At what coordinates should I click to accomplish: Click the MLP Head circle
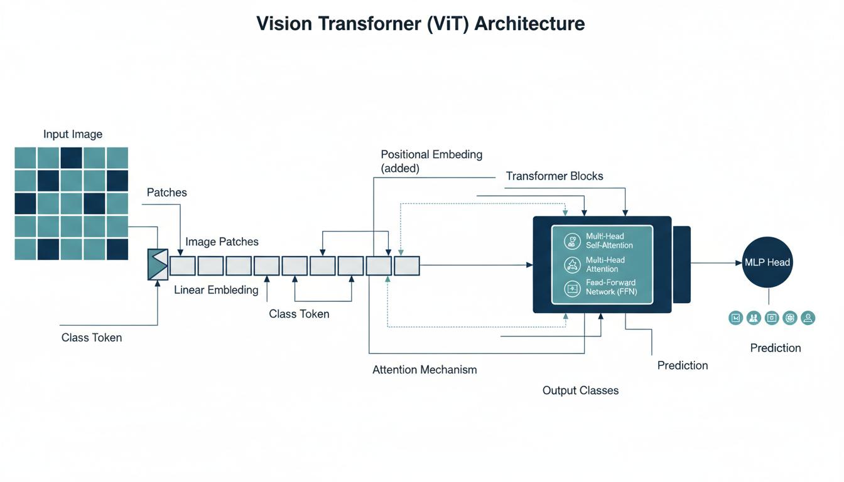coord(767,262)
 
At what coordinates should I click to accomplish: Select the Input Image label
coord(73,134)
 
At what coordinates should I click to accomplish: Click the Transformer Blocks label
coord(555,176)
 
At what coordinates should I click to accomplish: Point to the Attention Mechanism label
coord(425,370)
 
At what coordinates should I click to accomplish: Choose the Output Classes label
coord(580,390)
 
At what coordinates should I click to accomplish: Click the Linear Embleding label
coord(216,290)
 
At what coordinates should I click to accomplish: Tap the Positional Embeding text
coord(431,154)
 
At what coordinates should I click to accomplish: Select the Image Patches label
coord(222,242)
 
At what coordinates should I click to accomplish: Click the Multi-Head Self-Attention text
coord(609,240)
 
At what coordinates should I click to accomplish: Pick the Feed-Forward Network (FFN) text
coord(611,287)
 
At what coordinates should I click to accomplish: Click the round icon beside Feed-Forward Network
coord(572,288)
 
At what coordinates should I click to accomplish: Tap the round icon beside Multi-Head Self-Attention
coord(572,241)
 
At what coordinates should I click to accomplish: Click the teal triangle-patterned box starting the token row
coord(158,264)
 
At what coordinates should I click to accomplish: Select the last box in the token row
coord(407,265)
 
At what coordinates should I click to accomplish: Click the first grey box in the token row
coord(183,265)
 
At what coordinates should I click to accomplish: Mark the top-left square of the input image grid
coord(26,158)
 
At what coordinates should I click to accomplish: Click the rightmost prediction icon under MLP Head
coord(808,318)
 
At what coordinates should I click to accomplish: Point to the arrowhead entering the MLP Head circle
coord(738,263)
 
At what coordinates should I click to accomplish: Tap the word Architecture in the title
coord(530,24)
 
